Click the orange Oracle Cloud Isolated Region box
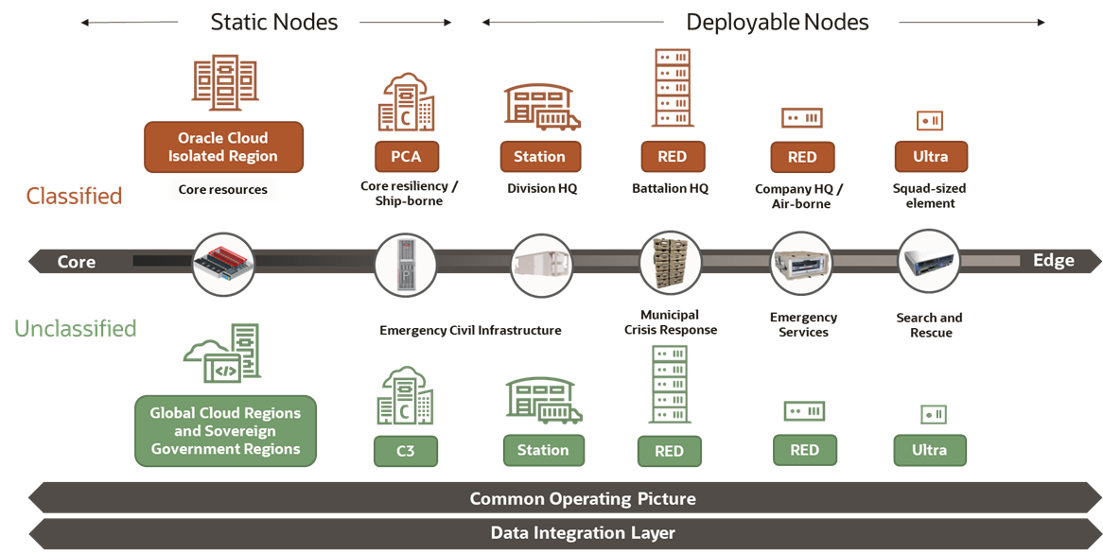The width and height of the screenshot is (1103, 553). (223, 147)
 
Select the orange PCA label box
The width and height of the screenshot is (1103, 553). (406, 157)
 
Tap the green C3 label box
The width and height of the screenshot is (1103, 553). (406, 451)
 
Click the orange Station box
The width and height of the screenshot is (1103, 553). (539, 157)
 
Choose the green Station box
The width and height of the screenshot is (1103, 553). (542, 450)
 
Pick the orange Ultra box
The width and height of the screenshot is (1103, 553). (930, 157)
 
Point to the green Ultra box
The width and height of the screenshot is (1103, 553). (929, 450)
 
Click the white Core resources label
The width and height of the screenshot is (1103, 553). (223, 189)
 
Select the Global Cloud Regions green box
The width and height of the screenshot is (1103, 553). (225, 431)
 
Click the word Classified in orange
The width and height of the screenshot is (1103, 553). (74, 196)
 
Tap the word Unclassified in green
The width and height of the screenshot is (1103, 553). (76, 329)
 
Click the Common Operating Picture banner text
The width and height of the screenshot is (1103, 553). (583, 498)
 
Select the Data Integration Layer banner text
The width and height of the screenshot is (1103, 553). (583, 533)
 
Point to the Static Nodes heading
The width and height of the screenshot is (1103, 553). (273, 22)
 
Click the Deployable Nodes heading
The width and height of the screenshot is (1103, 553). (778, 22)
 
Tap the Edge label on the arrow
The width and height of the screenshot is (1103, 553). (1053, 261)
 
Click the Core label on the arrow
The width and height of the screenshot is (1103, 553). (77, 262)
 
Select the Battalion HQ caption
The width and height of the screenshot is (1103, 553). (670, 188)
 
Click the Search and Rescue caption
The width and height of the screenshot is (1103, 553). (930, 325)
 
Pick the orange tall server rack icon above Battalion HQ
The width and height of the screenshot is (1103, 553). (672, 88)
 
